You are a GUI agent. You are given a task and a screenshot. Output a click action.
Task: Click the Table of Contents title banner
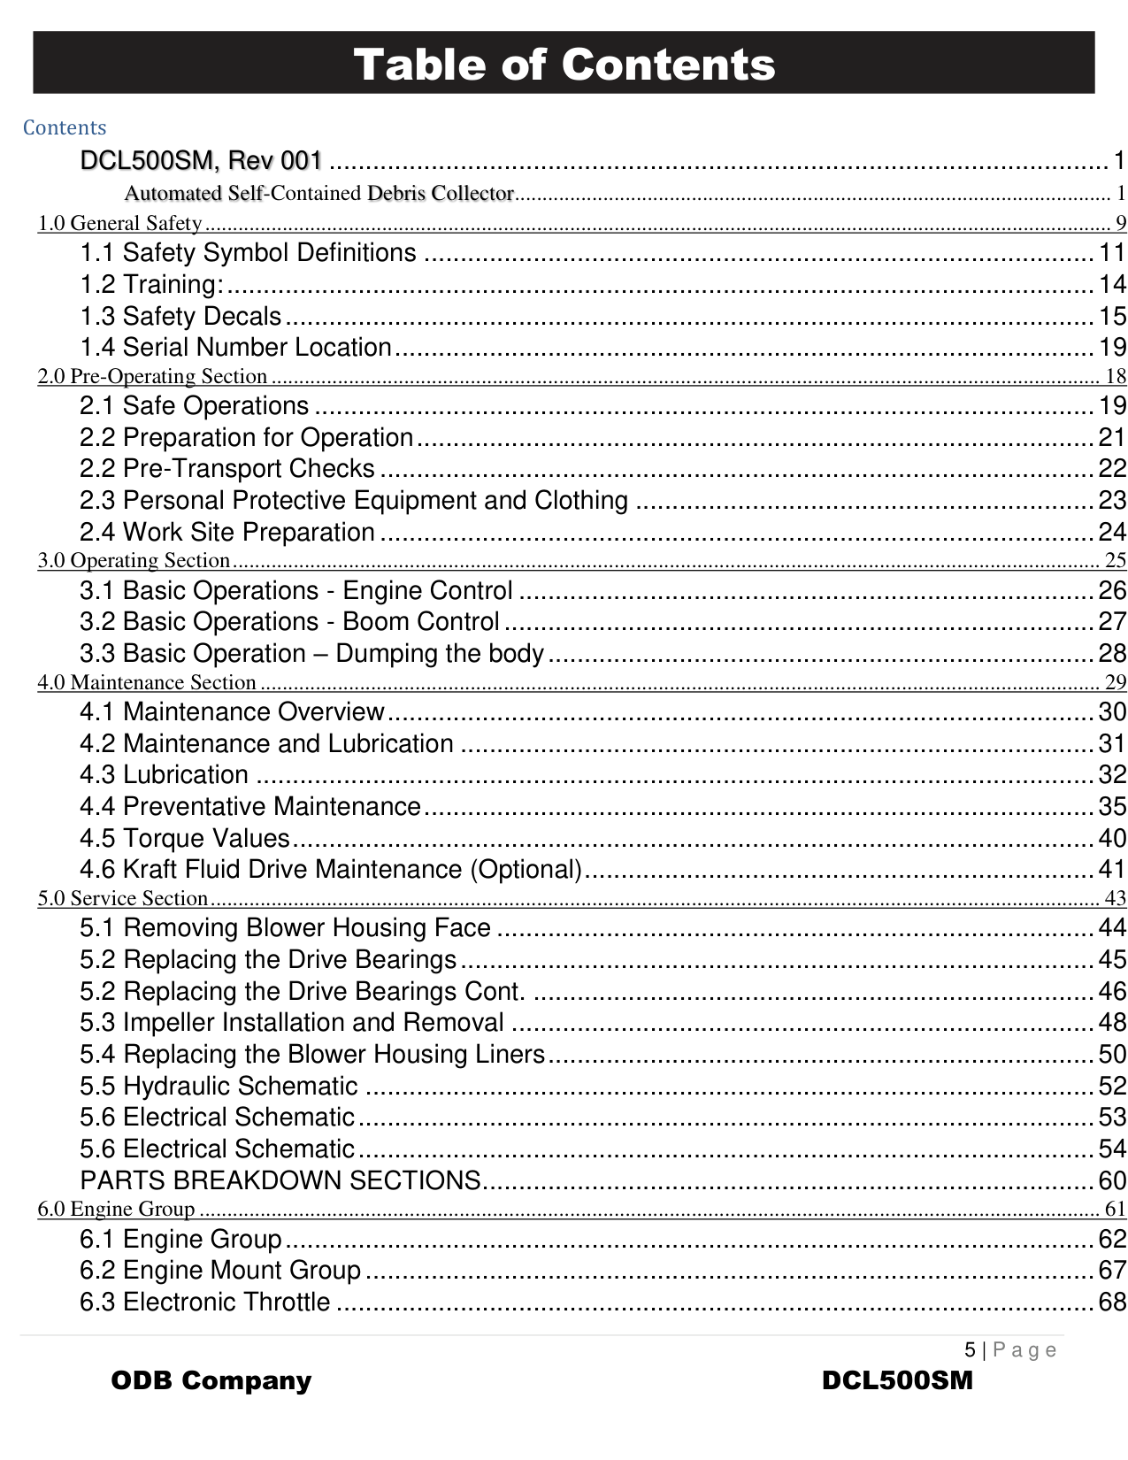point(564,64)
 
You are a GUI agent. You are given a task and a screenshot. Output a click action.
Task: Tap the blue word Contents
point(65,127)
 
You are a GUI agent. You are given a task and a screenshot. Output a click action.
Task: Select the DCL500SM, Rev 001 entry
point(201,161)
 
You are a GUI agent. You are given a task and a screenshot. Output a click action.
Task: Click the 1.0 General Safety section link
point(119,223)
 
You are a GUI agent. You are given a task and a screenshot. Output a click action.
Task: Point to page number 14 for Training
point(1112,284)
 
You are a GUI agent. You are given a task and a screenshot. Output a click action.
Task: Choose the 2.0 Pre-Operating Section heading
point(152,376)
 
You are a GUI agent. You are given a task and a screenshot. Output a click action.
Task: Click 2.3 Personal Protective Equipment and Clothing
point(354,500)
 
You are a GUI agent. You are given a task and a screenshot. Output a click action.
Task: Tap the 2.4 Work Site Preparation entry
point(227,532)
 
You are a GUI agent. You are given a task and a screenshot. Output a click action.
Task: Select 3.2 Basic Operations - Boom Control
point(289,621)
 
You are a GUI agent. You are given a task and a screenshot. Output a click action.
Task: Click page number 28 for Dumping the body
point(1112,653)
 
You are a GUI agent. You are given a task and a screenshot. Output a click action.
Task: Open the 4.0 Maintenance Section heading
point(147,682)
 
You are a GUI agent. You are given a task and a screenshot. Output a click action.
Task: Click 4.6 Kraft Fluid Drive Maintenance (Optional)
point(331,869)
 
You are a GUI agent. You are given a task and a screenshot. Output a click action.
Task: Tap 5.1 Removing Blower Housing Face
point(285,927)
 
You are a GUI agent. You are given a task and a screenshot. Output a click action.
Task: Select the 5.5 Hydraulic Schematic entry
point(219,1086)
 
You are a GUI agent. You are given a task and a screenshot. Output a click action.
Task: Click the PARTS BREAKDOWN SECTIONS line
point(280,1180)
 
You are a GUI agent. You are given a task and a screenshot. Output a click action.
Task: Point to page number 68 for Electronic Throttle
point(1112,1302)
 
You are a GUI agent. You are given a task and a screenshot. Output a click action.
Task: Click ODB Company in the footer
point(211,1380)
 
